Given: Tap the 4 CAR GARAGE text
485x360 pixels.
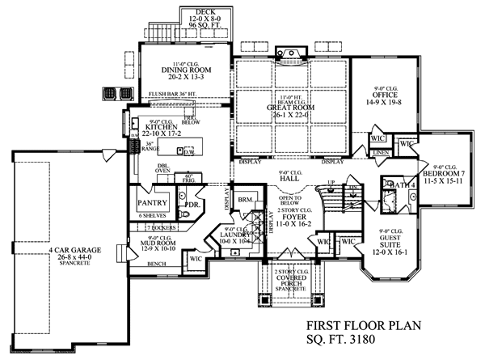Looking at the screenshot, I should click(x=74, y=251).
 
